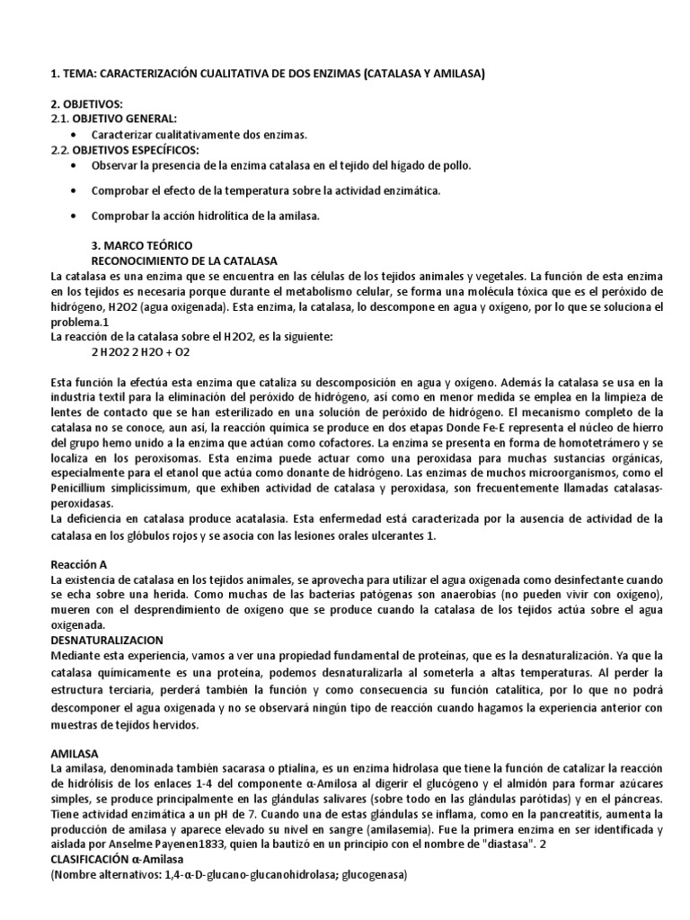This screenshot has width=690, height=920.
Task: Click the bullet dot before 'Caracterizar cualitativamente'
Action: (74, 135)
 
